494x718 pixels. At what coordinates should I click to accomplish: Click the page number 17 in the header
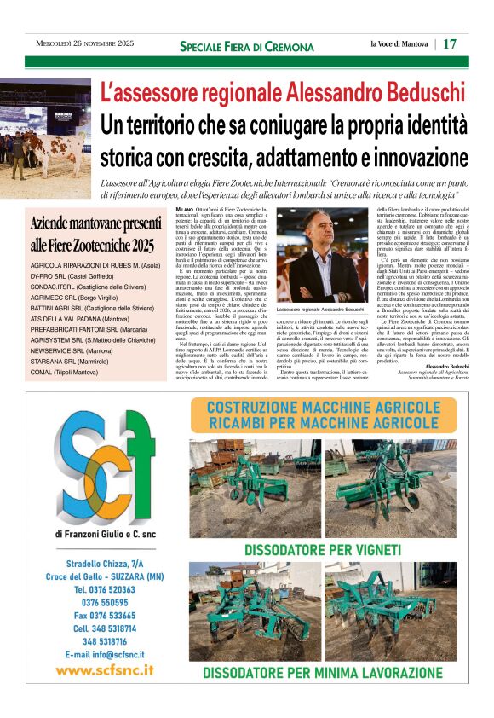pos(450,43)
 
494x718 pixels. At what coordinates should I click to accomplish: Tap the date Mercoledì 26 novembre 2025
pos(85,43)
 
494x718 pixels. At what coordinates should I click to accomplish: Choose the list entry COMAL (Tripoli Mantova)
pos(64,373)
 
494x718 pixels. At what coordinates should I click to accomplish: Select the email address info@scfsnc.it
pos(105,654)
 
